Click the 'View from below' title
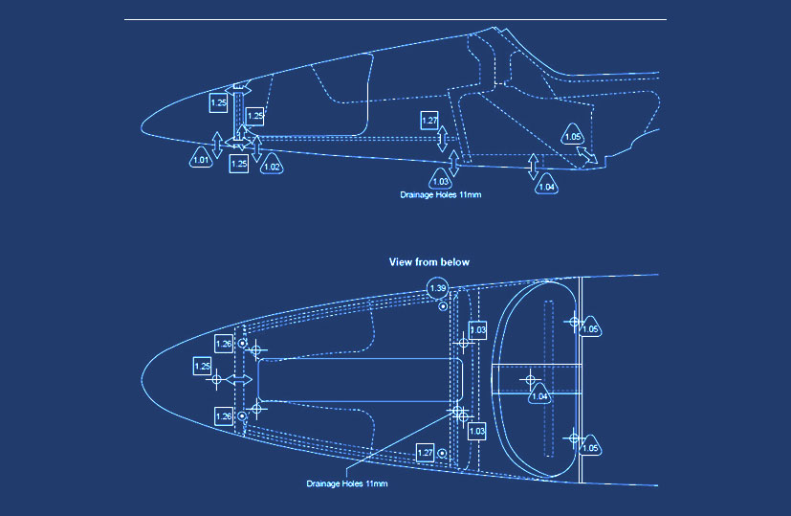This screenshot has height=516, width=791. pos(428,261)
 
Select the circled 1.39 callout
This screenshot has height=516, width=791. pos(438,288)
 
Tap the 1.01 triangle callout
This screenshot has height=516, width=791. pos(201,160)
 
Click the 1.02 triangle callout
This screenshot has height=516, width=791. pos(272,166)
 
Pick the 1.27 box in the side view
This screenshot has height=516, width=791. pos(429,121)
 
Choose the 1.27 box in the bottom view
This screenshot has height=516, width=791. pos(427,452)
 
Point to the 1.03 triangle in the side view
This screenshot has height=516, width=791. pos(441,180)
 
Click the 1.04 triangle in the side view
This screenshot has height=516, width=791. pos(546,185)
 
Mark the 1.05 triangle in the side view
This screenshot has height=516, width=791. pos(573,136)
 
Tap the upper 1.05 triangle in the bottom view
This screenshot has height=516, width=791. pos(591,328)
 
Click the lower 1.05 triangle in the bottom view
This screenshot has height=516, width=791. pos(591,447)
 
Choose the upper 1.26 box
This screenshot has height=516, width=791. pos(224,343)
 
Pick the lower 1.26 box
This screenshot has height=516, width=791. pos(224,415)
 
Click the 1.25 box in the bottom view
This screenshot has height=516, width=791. pos(203,366)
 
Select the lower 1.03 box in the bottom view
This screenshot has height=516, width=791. pos(477,431)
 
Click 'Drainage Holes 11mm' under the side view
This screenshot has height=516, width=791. pos(440,194)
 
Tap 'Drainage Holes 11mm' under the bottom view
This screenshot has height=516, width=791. pos(346,483)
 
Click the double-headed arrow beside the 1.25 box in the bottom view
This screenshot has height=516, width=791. pos(240,380)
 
